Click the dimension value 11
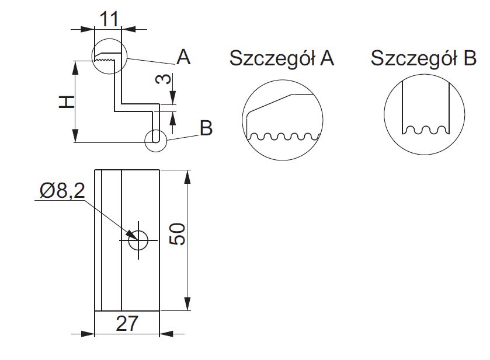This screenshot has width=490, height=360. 109,19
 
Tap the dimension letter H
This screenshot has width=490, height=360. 68,102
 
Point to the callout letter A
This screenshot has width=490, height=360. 183,57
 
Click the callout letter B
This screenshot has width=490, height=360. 206,128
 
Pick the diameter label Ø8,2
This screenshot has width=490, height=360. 62,190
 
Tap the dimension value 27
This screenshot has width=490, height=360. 127,323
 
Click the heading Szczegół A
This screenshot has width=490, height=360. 282,58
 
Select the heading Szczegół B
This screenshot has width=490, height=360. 423,58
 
